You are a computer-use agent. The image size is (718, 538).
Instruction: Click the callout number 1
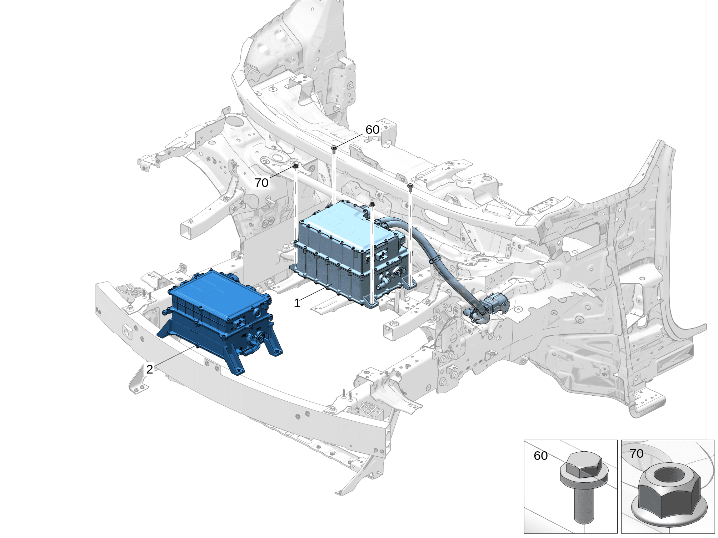[x=297, y=303]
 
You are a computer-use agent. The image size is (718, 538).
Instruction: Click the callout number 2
[x=150, y=369]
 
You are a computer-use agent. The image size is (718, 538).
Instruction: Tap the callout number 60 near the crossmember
[x=372, y=130]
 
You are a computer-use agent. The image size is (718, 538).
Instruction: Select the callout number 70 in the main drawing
[x=261, y=183]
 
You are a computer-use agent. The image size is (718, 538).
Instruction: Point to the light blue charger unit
[x=352, y=253]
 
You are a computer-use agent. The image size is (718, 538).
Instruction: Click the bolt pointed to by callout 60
[x=334, y=150]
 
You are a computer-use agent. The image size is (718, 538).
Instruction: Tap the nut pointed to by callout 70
[x=296, y=166]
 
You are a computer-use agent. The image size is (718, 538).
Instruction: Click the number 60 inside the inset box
[x=540, y=456]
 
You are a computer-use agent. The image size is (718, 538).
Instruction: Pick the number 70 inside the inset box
[x=637, y=454]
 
